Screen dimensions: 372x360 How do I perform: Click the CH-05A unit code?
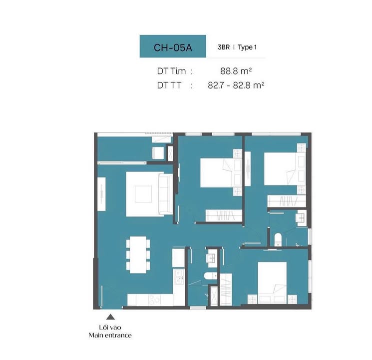[173, 47]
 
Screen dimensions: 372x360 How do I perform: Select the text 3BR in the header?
[224, 47]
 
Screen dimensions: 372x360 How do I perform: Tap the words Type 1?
[247, 47]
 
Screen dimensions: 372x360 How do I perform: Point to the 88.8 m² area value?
[236, 71]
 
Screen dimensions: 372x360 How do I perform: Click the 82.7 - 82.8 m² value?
[236, 85]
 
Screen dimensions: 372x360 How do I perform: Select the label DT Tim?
[171, 71]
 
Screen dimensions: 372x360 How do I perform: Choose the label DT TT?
[169, 85]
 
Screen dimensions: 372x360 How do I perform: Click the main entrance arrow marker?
[110, 317]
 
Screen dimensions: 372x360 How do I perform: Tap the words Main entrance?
[110, 335]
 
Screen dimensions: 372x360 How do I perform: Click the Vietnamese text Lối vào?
[110, 327]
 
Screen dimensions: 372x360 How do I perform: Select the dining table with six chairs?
[138, 254]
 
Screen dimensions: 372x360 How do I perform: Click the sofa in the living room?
[165, 194]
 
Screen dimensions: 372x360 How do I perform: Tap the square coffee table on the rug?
[143, 194]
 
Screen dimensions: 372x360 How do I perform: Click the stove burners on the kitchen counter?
[155, 300]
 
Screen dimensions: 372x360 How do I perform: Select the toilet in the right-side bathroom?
[278, 239]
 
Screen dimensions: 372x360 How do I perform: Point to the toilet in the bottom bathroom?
[210, 275]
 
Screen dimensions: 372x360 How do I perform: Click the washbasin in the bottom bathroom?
[211, 258]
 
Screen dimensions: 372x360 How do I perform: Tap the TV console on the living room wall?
[101, 194]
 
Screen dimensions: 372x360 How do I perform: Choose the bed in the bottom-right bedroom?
[272, 282]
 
